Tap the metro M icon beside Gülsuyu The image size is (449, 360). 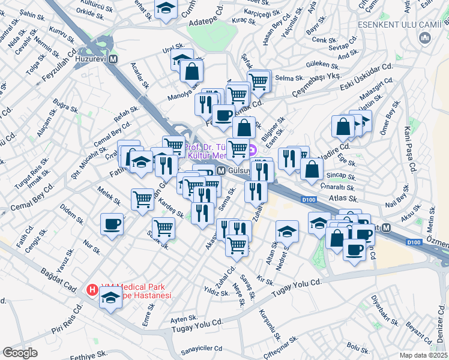(x=221, y=171)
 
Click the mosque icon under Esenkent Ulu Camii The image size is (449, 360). (x=426, y=39)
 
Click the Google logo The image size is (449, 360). (x=20, y=353)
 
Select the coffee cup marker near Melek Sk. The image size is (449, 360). (x=112, y=224)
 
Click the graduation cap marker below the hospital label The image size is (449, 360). (x=110, y=297)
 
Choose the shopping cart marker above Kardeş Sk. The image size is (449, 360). (x=143, y=197)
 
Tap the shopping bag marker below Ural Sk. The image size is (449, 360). (x=191, y=71)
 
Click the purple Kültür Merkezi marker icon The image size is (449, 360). (x=253, y=151)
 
